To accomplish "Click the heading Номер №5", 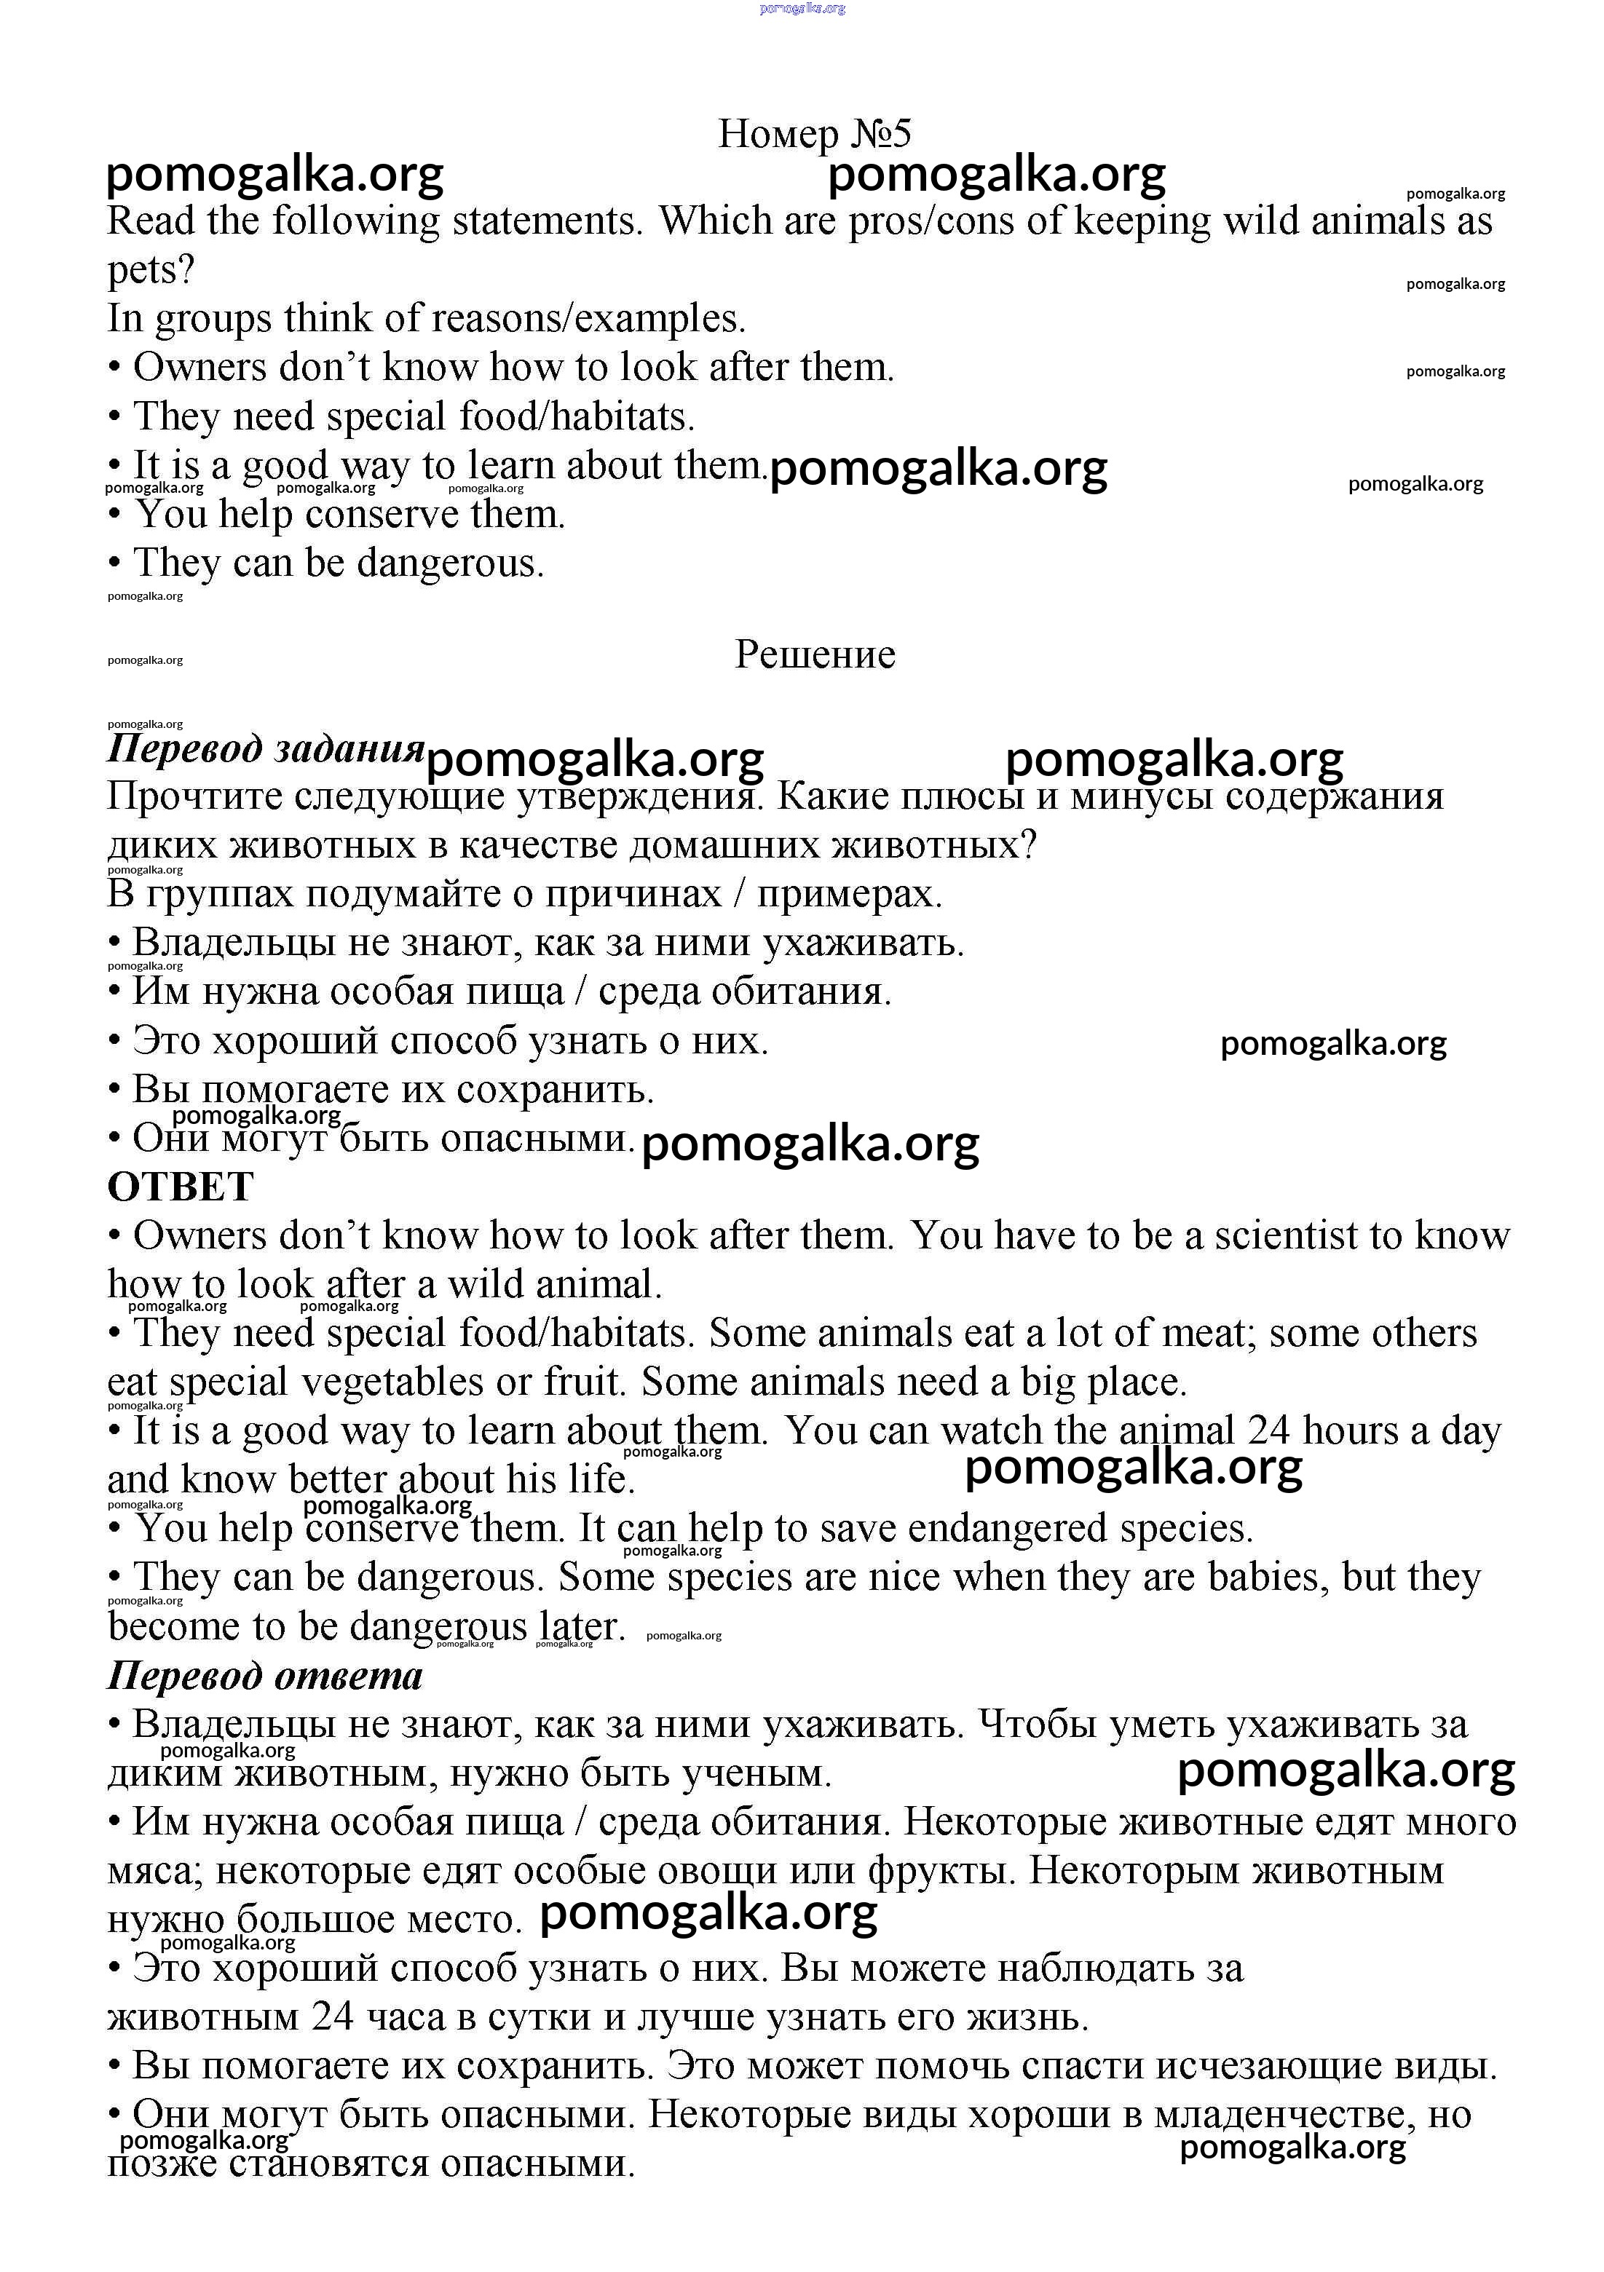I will tap(813, 134).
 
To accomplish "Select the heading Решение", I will tap(814, 654).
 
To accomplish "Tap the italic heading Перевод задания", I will tap(265, 748).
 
